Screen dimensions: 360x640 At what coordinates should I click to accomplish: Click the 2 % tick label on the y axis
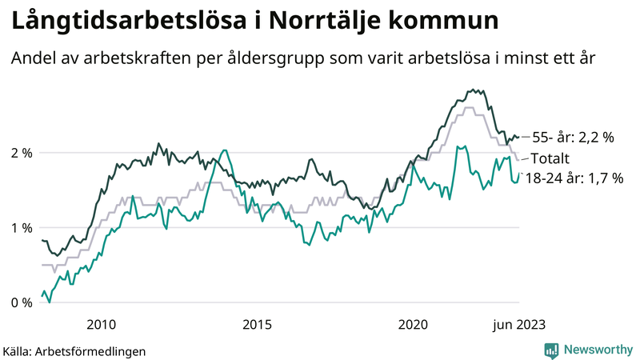coord(21,152)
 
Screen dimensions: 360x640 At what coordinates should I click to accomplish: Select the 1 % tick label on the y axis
coord(21,227)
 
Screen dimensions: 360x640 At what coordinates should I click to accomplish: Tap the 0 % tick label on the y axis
coord(21,302)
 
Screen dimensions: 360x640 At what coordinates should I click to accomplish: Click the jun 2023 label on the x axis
coord(519,324)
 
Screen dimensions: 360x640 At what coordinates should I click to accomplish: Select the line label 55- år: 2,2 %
coord(573,137)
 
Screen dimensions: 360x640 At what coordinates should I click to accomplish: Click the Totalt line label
coord(550,158)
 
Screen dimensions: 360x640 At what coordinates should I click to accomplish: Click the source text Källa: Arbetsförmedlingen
coord(74,350)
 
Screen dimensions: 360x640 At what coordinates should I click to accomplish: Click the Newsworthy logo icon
coord(551,350)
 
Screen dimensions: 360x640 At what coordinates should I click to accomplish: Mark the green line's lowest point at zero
coord(50,302)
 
